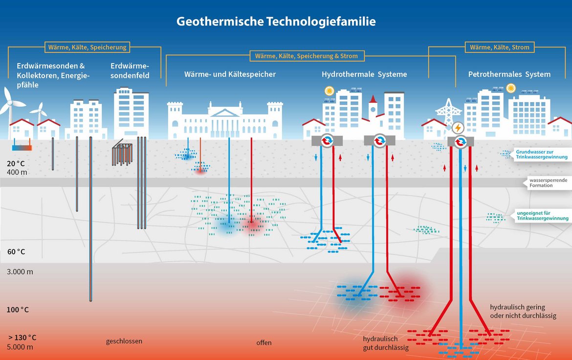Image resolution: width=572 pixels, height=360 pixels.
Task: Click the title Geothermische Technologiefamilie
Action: pos(276,21)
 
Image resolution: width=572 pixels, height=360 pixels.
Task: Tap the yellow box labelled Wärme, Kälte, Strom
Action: pos(500,47)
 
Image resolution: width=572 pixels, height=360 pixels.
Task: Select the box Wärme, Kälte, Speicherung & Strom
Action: pos(307,56)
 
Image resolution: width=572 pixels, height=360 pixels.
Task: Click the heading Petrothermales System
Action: pos(509,74)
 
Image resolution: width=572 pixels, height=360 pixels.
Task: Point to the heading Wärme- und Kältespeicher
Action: pos(230,74)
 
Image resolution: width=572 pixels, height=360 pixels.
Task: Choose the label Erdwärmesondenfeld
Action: pos(130,70)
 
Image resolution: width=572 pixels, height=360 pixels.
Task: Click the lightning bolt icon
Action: pos(458,128)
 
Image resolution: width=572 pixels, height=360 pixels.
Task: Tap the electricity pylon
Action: pos(448,112)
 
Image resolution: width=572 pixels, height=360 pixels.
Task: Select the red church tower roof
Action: pos(373,99)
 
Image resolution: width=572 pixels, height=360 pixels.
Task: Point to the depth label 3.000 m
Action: pos(20,271)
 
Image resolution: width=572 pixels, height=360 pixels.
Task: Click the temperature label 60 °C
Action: pos(17,251)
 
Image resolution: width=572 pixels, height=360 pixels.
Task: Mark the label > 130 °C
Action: pos(22,337)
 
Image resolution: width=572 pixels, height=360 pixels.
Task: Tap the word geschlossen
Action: pos(124,341)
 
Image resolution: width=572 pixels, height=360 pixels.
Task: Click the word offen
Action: pos(264,342)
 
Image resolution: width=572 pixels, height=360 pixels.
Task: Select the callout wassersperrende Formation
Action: pos(548,182)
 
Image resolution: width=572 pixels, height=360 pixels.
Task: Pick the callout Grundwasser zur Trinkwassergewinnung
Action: pos(541,154)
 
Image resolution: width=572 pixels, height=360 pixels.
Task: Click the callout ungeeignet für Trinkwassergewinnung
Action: pos(542,215)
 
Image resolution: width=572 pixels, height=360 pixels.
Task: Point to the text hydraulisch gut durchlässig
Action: pos(386,343)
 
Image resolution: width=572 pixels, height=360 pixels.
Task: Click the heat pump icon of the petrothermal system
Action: pos(461,141)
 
